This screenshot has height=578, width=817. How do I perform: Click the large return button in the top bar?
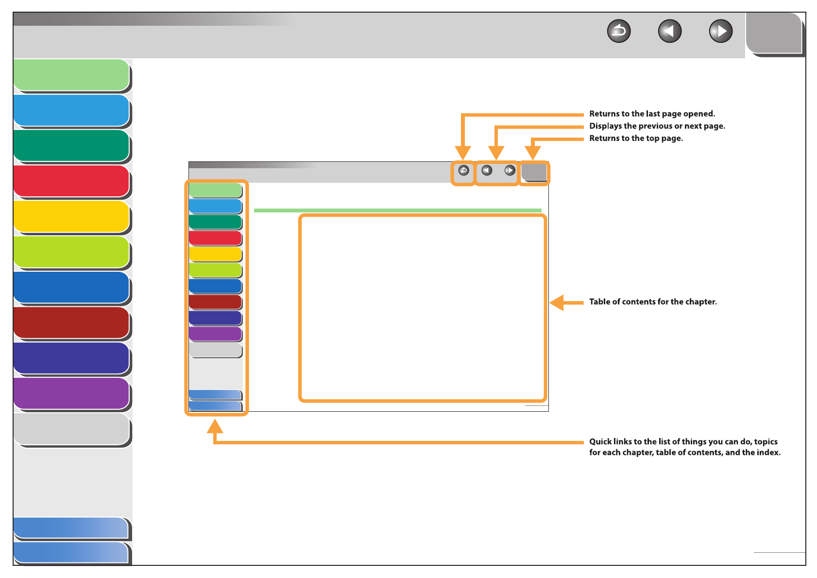[x=618, y=32]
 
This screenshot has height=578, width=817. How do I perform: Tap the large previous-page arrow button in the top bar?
[x=669, y=32]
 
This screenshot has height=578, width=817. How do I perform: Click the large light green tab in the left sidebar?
[x=71, y=75]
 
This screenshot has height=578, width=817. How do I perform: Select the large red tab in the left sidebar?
[x=71, y=181]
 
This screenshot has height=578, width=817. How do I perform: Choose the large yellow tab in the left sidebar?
[x=71, y=216]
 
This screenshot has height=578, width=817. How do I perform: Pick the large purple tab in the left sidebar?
[x=71, y=393]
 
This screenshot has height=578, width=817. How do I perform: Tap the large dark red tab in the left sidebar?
[x=71, y=322]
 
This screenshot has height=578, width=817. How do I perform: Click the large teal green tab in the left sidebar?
[x=71, y=145]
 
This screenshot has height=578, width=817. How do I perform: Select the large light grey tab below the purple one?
[x=71, y=429]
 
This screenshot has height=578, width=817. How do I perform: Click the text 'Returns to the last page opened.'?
[x=652, y=114]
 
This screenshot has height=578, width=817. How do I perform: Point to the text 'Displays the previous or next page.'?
[x=657, y=126]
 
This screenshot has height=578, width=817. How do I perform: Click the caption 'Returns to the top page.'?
[x=636, y=138]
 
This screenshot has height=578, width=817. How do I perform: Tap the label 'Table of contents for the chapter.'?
[x=653, y=302]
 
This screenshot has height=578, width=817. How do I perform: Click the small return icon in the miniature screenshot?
[x=463, y=171]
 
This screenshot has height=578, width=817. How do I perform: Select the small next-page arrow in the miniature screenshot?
[x=510, y=171]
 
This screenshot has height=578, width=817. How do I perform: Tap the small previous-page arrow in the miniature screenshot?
[x=487, y=171]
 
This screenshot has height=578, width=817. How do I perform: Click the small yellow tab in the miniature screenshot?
[x=215, y=254]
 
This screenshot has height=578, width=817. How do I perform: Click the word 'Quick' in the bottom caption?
[x=600, y=441]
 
